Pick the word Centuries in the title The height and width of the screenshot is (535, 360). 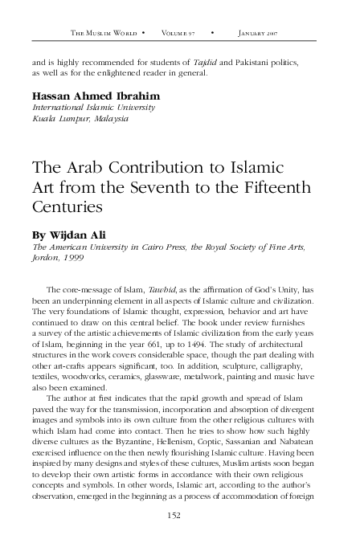tap(69, 207)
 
